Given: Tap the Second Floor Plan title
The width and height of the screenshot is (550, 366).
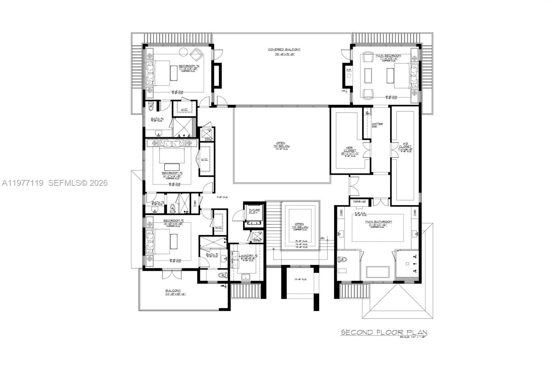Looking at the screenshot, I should click(x=384, y=332).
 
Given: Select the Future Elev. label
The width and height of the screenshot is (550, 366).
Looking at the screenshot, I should click(x=254, y=211).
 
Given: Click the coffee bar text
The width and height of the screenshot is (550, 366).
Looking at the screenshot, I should click(x=377, y=125).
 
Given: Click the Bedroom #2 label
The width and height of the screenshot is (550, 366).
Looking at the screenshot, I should click(x=174, y=220).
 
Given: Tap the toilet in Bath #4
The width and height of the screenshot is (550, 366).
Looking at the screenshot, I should click(x=151, y=107).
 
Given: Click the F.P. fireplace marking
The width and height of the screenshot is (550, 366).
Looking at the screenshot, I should click(x=349, y=70).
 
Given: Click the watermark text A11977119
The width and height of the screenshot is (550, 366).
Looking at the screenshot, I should click(x=23, y=183).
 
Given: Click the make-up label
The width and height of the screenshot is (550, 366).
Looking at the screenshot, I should click(x=359, y=202).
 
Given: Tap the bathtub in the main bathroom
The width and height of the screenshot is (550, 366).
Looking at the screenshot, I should click(x=378, y=272).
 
